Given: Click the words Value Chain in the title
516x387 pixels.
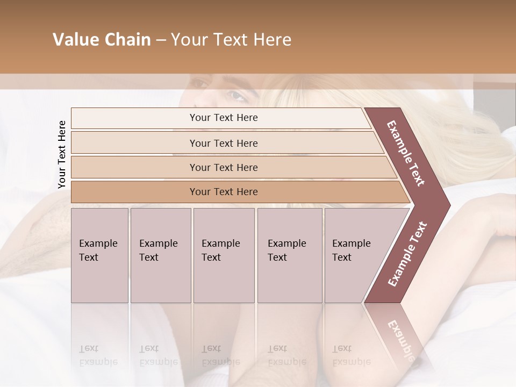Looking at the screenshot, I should [x=102, y=40].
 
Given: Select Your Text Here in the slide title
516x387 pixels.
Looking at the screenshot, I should [x=231, y=40].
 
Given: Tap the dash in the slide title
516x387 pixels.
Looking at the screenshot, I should [x=161, y=40].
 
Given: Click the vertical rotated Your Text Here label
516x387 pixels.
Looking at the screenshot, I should [x=62, y=154].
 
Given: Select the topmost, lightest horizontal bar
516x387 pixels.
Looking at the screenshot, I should [x=224, y=118].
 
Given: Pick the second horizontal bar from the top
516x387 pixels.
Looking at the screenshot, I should [x=224, y=143].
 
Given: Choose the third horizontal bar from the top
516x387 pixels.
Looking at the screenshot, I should [x=224, y=167].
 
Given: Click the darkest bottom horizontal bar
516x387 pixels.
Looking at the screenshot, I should [x=224, y=192].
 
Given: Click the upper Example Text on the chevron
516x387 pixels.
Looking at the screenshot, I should [x=406, y=153].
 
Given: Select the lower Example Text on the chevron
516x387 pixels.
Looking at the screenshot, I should [x=407, y=254].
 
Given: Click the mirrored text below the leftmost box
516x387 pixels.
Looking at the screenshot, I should [x=98, y=355].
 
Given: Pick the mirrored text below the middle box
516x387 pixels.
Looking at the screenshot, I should [x=220, y=355].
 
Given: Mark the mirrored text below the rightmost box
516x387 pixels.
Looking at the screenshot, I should [x=351, y=355].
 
